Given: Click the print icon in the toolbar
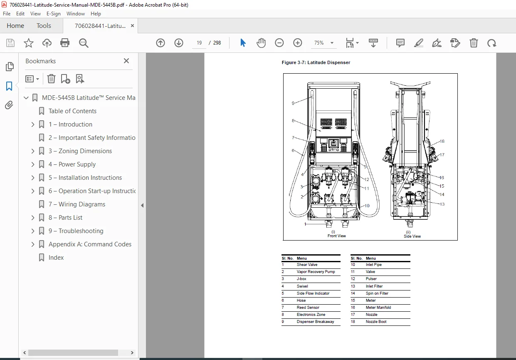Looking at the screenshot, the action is [65, 43].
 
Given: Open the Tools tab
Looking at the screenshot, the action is [44, 26].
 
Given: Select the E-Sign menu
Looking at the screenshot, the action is [54, 14].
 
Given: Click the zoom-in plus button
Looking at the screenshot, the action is [298, 43].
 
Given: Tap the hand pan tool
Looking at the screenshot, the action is [261, 43].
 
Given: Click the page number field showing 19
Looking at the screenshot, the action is [199, 43].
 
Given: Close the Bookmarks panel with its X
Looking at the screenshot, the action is [126, 61].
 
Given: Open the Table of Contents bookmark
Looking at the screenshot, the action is [72, 111].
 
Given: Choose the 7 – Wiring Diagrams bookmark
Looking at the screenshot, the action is [77, 204].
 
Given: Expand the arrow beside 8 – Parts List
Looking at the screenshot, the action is [33, 218].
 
